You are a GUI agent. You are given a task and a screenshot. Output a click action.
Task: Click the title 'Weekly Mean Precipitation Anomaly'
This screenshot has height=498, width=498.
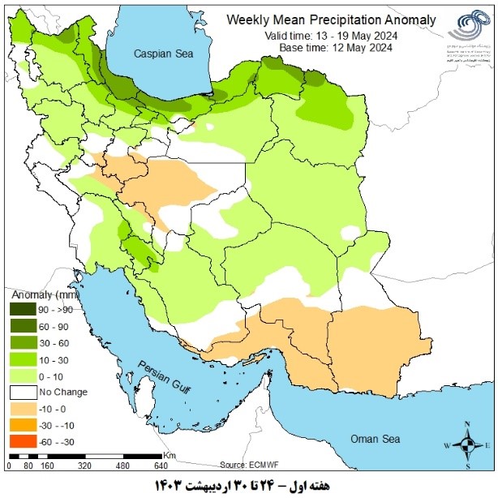pyautogui.click(x=330, y=19)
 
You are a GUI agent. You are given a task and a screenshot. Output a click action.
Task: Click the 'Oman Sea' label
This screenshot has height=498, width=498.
pyautogui.click(x=375, y=439)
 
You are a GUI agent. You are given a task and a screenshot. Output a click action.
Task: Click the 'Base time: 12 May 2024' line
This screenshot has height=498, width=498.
pyautogui.click(x=330, y=48)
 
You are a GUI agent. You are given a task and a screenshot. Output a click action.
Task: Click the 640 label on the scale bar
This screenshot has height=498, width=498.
pyautogui.click(x=161, y=466)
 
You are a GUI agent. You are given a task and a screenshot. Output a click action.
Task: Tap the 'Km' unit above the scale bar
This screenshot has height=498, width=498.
pyautogui.click(x=169, y=455)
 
